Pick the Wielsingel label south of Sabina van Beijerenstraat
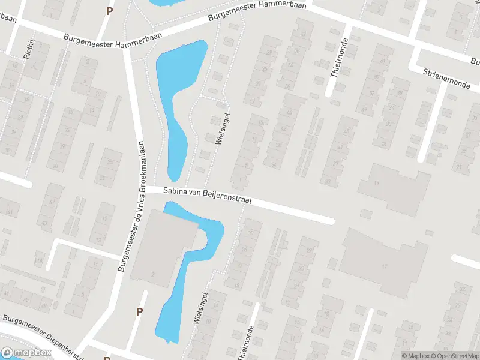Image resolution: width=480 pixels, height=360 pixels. point(200,308)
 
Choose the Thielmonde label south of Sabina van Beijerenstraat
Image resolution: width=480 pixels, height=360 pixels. point(245,343)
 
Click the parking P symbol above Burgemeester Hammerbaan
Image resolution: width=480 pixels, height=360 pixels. point(109,10)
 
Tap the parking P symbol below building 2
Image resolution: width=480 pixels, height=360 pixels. point(139,311)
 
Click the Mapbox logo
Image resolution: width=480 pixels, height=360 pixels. point(26,353)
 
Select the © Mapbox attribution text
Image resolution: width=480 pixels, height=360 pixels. point(416,356)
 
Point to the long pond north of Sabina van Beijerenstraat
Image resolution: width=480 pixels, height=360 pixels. point(174,102)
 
